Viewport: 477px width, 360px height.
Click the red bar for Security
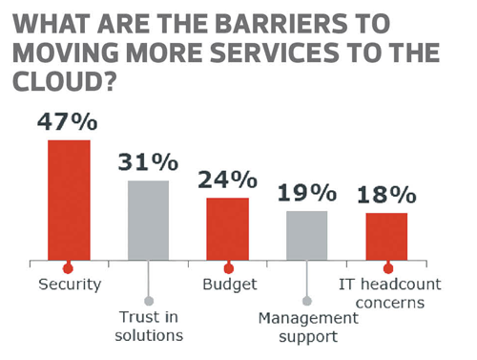(x=69, y=199)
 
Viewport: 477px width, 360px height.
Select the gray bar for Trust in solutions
(x=148, y=219)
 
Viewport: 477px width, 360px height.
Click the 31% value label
(x=148, y=162)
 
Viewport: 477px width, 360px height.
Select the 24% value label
(x=227, y=180)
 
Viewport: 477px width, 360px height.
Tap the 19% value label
(x=306, y=193)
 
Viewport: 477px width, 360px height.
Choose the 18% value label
(x=386, y=195)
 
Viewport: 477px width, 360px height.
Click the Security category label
(x=70, y=285)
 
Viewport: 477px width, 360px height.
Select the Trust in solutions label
(x=148, y=325)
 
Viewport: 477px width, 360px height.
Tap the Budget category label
(x=227, y=285)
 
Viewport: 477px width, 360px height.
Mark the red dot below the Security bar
(x=69, y=269)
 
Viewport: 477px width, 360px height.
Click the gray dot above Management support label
(x=306, y=300)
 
